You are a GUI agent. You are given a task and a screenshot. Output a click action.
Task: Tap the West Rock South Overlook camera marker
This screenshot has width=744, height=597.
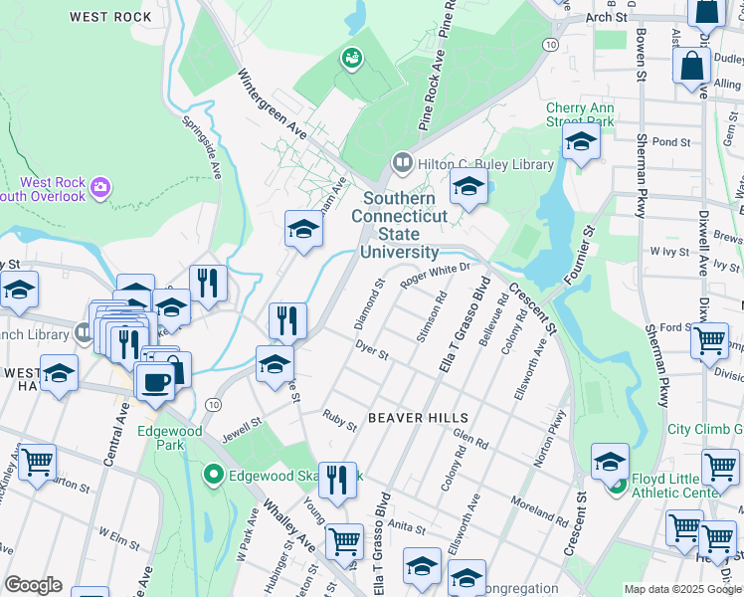tap(99, 186)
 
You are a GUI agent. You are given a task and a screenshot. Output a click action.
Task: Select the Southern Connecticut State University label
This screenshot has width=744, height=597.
tap(400, 225)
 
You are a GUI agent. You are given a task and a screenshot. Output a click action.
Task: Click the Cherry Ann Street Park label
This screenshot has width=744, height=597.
tap(579, 114)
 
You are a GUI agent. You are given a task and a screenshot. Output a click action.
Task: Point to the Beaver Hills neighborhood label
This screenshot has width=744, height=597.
tap(412, 418)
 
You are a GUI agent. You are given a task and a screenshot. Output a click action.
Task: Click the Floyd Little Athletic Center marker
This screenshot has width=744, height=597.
tap(617, 486)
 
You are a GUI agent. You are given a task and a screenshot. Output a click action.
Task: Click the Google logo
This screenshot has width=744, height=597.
tap(33, 585)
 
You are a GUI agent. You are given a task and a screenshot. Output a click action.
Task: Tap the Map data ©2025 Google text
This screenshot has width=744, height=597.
tap(682, 588)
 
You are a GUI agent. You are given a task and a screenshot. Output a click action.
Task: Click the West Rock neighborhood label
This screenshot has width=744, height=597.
tap(111, 17)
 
